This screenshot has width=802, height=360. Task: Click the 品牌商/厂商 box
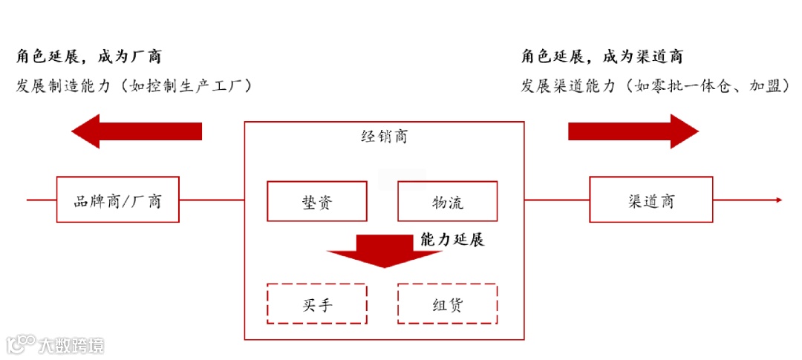(x=117, y=200)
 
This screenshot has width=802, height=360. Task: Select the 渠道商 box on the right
(x=651, y=200)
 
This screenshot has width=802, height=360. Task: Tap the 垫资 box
(x=316, y=201)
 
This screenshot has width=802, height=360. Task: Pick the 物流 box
(x=447, y=201)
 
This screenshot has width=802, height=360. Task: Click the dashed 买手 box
(x=316, y=303)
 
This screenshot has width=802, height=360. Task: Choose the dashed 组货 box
(x=447, y=303)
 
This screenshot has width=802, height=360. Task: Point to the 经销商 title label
(x=383, y=137)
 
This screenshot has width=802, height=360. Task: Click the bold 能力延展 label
(x=452, y=240)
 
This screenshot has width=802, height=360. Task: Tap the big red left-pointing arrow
(x=137, y=131)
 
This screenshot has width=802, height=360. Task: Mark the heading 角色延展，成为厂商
(x=88, y=56)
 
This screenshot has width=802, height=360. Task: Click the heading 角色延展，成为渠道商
(x=602, y=56)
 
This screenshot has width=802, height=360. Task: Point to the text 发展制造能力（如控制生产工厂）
(x=134, y=85)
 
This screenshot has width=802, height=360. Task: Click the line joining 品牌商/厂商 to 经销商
(x=212, y=200)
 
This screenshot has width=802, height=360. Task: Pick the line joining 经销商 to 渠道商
(x=556, y=200)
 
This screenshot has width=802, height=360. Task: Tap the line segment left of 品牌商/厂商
(x=42, y=200)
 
